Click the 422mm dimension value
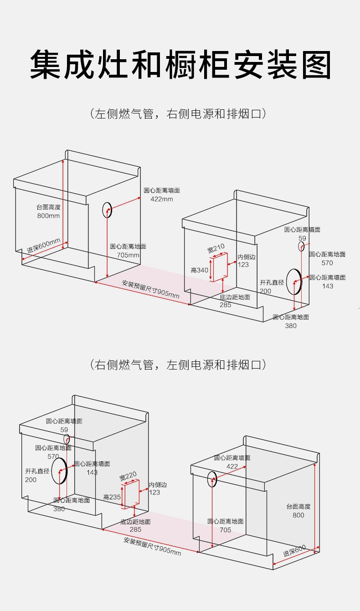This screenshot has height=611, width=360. [161, 199]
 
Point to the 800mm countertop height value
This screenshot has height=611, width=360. [48, 216]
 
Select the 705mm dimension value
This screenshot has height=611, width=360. [128, 255]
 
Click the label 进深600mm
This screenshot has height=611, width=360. [43, 246]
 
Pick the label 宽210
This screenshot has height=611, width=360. [216, 249]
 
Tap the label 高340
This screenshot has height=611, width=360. [199, 270]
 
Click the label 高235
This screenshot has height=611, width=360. [112, 497]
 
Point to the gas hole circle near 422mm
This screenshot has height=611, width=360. [107, 210]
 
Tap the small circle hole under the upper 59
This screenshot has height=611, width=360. [301, 246]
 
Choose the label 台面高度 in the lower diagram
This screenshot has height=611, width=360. [298, 506]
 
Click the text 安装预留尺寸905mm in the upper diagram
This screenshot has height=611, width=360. [151, 289]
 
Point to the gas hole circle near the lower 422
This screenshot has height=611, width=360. [212, 480]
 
